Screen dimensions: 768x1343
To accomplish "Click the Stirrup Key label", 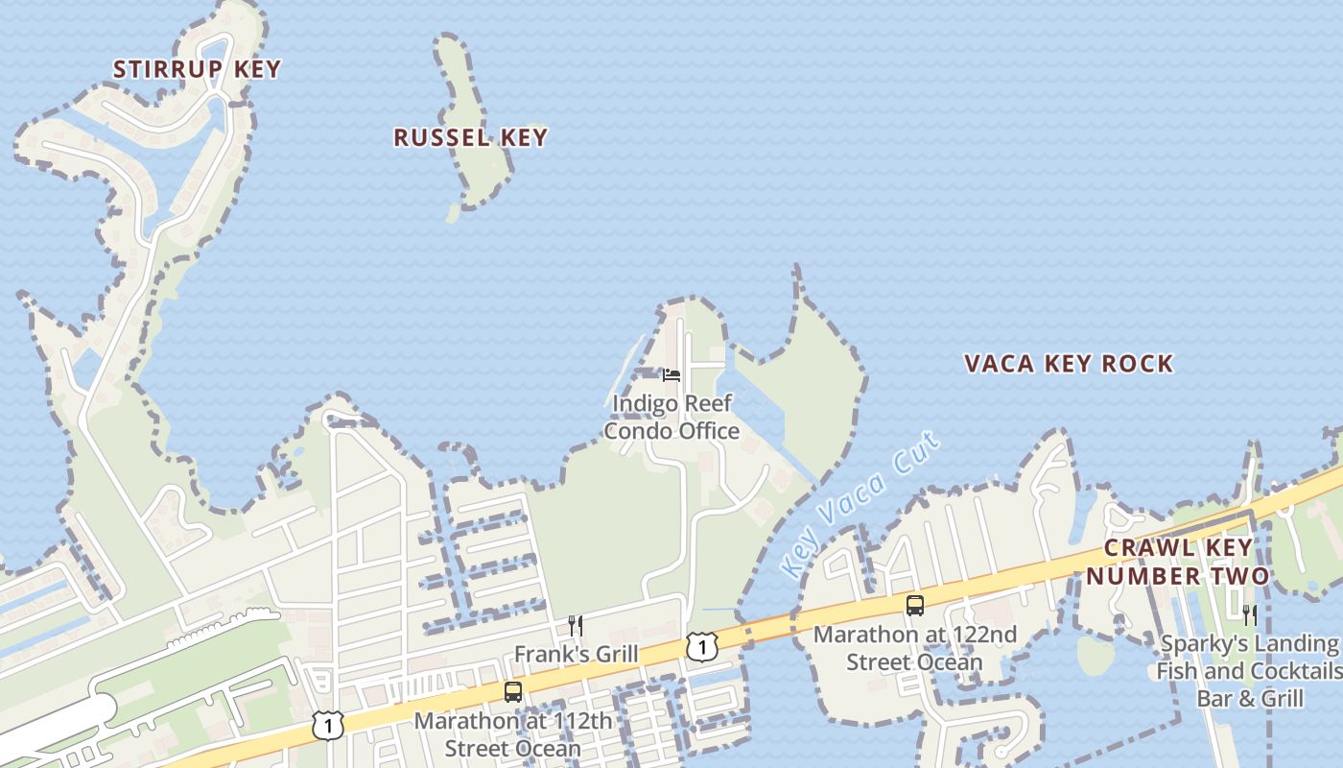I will click(197, 69).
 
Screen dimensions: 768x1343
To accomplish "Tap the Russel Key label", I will click(470, 137).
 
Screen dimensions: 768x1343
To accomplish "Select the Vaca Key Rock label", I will click(1069, 364).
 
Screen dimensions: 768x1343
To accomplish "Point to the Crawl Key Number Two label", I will click(1177, 563).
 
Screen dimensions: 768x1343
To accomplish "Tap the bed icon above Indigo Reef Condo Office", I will click(671, 374).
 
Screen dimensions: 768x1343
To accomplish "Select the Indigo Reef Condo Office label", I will click(671, 418).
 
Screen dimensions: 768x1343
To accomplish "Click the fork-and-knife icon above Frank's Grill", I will click(576, 626).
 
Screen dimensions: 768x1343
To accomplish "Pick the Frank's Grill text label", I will click(576, 655).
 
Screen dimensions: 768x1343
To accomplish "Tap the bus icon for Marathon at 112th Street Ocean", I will click(513, 691).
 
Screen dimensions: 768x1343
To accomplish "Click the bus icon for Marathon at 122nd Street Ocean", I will click(915, 606).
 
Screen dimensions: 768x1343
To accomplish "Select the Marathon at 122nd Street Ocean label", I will click(915, 649).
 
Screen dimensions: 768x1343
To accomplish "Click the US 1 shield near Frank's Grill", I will click(702, 646).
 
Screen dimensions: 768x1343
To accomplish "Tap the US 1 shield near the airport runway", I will click(328, 725).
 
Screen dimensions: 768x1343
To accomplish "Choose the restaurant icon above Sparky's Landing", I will click(1249, 614).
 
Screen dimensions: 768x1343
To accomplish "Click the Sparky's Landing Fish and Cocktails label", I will click(1248, 670).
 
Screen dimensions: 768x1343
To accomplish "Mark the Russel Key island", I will click(473, 106).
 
